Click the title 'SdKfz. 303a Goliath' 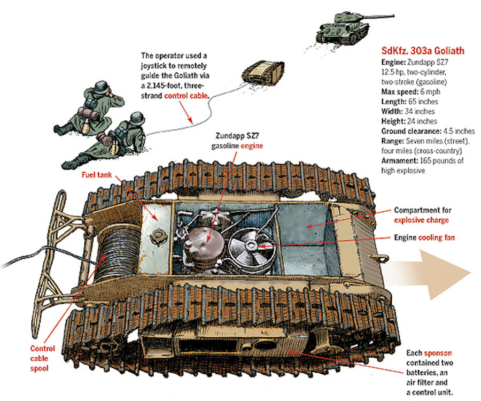coord(422,51)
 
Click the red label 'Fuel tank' coord(96,175)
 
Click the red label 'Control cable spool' coord(42,358)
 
